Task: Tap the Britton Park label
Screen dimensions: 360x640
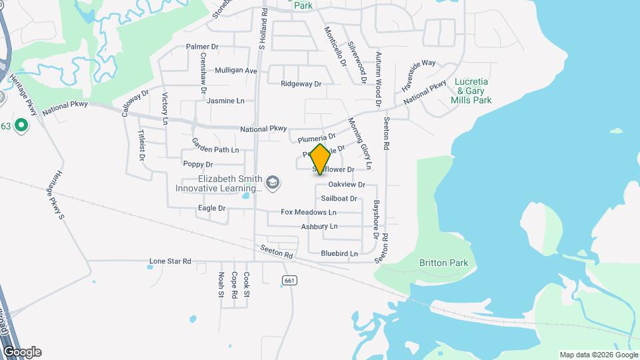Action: point(443,263)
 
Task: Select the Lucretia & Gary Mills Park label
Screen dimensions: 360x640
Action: point(473,91)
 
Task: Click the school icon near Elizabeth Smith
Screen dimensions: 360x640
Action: point(272,182)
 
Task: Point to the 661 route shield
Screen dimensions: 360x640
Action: point(289,281)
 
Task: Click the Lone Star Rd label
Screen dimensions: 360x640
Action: point(170,261)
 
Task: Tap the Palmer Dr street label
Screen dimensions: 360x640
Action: point(203,47)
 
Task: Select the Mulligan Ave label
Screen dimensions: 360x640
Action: point(236,70)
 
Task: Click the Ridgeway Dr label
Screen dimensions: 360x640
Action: point(301,84)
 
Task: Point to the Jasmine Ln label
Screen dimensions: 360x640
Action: point(225,101)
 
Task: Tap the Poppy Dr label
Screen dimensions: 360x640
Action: point(197,164)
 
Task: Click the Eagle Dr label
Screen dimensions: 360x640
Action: point(212,208)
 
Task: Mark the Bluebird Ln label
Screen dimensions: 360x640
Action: point(339,253)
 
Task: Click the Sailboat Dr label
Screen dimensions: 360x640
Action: point(339,198)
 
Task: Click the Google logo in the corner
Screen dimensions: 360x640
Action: point(21,352)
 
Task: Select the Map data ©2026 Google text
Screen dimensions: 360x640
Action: point(598,355)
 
